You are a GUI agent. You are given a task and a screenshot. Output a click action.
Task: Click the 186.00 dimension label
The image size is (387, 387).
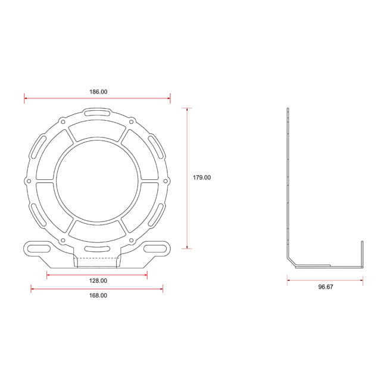(98, 92)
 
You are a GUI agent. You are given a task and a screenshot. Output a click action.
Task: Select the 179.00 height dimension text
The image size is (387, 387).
(202, 177)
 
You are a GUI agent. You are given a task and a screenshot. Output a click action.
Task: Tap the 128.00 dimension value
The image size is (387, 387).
(98, 280)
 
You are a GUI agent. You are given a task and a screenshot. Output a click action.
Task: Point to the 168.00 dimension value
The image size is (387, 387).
(98, 295)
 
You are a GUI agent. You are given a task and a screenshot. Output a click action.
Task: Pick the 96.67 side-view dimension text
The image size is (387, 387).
(326, 287)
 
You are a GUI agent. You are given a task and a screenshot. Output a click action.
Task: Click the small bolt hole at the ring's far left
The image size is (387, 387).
(29, 181)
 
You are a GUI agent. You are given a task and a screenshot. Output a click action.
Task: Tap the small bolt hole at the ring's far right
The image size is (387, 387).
(166, 181)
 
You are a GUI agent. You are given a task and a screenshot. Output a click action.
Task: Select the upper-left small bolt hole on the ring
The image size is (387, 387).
(63, 121)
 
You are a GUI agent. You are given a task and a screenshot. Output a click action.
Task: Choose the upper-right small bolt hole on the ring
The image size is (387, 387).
(132, 121)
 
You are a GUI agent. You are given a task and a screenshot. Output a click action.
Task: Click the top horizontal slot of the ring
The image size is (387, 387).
(97, 113)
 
